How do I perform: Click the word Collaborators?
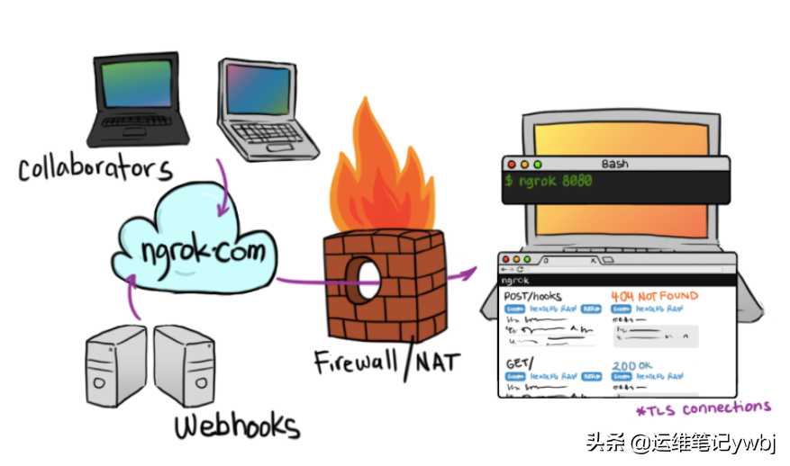tap(95, 167)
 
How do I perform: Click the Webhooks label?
tap(236, 425)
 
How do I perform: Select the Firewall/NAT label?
tap(386, 362)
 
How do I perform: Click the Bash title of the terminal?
tap(614, 164)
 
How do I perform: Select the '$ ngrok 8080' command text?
tap(548, 182)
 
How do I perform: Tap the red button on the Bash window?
tap(511, 165)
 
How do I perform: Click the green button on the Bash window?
tap(538, 165)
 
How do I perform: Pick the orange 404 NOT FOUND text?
tap(655, 296)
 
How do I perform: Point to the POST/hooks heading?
tap(532, 296)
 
